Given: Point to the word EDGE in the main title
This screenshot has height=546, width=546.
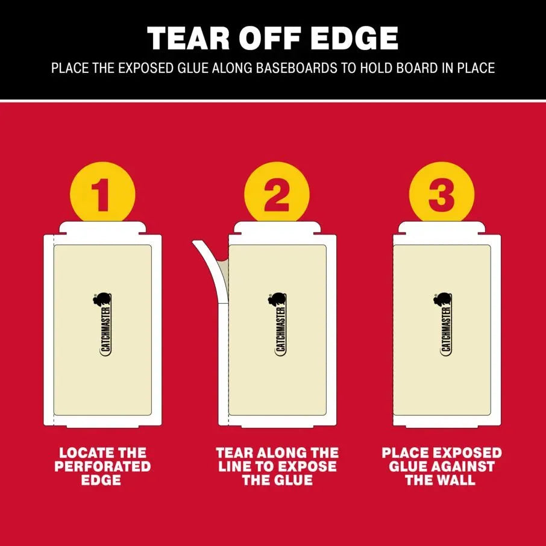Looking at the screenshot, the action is coord(354,39).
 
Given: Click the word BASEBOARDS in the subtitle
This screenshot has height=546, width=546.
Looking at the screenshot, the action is coord(297,68).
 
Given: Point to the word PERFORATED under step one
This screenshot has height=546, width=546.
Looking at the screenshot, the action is coord(102,466).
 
